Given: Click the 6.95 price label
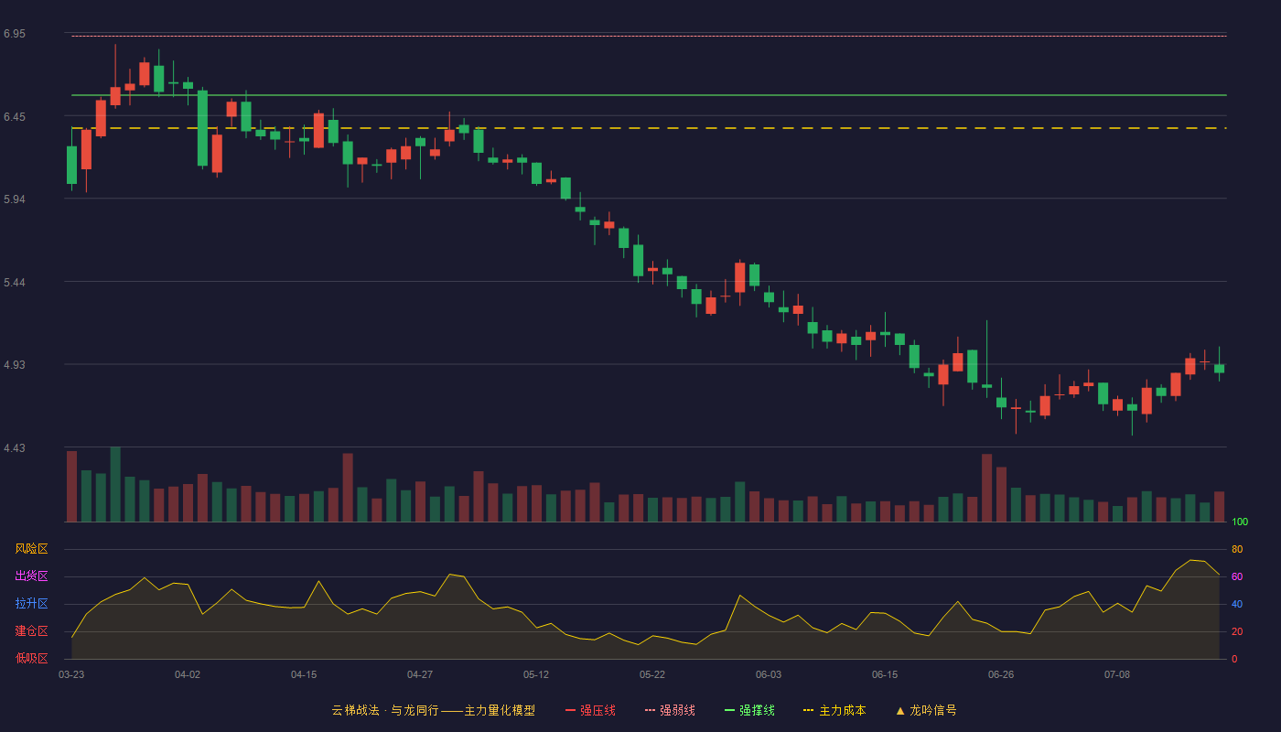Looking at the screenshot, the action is tap(15, 34).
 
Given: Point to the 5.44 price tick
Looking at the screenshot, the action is tap(15, 283).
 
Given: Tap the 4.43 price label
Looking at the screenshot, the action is tap(15, 447).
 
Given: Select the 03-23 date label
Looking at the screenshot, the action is tap(71, 674).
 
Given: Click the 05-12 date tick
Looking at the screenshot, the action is tap(536, 674).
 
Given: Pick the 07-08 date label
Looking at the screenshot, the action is tap(1117, 674).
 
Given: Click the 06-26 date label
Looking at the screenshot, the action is tap(1001, 674).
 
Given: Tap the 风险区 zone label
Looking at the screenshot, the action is tap(31, 548).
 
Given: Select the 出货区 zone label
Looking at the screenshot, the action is tap(31, 576).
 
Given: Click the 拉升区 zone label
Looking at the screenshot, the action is tap(31, 603).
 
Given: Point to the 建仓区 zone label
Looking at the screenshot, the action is tap(31, 630).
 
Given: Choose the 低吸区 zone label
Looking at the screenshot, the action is tap(31, 658).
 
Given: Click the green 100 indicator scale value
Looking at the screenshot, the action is tap(1240, 522).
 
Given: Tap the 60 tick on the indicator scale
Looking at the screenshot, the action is tap(1237, 576).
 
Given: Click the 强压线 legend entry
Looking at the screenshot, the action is tap(590, 710).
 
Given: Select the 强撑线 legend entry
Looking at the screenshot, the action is tap(749, 710).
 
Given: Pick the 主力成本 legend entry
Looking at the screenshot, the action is tap(834, 710).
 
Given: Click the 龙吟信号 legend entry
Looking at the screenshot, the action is tap(926, 710).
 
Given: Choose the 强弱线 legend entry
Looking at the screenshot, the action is tap(670, 710).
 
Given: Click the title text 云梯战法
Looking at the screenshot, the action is tap(355, 710).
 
